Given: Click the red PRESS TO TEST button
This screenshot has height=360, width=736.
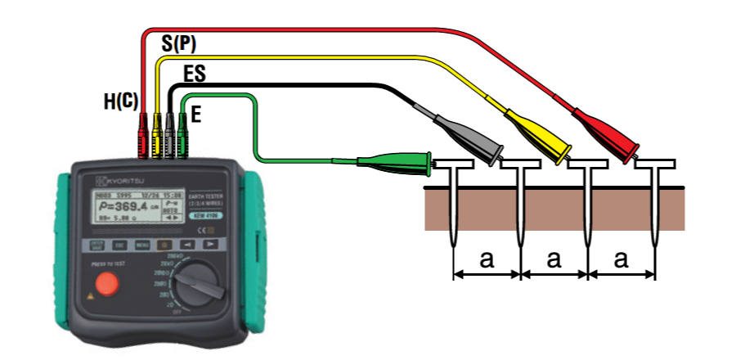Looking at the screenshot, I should [105, 283].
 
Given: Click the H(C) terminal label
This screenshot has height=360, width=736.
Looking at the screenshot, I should [120, 101].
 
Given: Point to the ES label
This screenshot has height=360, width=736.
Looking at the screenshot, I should [194, 75].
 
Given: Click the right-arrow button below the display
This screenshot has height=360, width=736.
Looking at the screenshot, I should [209, 244].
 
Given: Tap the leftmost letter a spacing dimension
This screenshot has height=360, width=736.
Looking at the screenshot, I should [487, 260].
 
